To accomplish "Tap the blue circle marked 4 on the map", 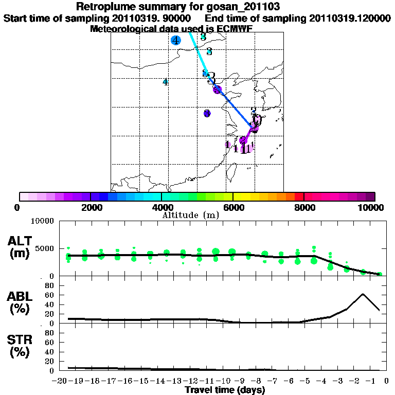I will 176,40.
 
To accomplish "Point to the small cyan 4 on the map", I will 165,82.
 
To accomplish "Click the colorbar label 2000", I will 91,207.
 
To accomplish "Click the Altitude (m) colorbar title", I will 190,215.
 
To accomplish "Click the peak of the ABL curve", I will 363,294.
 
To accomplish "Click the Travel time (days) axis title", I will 225,390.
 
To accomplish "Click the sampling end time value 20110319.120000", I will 350,18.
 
